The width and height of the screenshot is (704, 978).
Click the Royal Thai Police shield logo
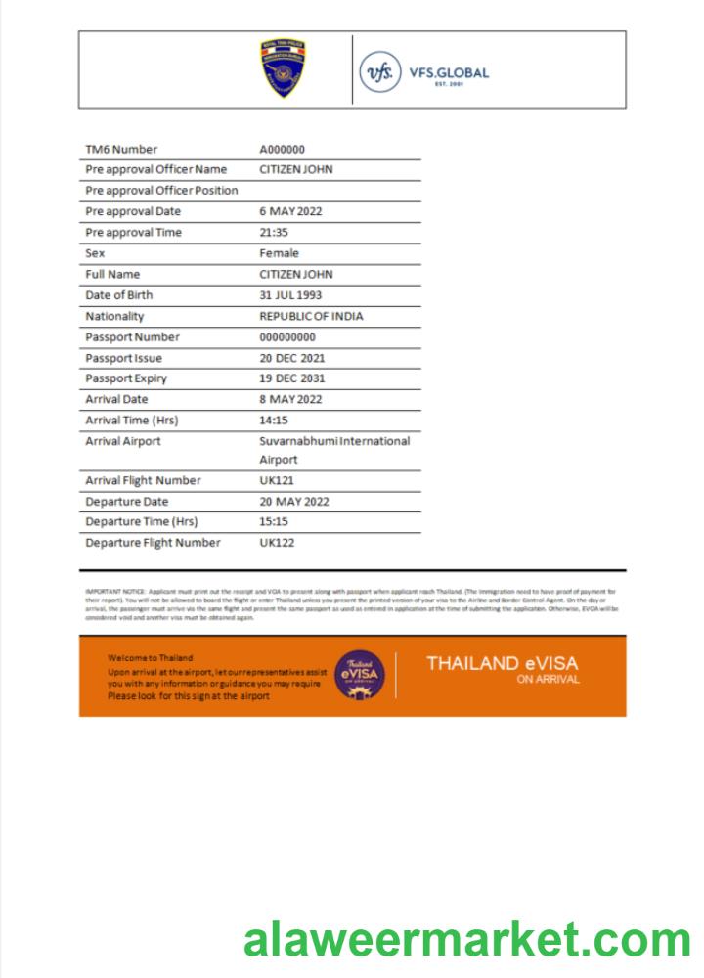283,68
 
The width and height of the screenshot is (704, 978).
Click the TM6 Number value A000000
283,150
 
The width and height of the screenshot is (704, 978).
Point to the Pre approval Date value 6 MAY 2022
290,211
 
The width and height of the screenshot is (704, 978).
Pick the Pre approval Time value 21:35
274,233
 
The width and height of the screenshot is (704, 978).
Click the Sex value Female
279,253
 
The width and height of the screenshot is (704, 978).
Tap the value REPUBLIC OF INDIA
311,316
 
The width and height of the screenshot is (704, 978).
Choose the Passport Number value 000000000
287,337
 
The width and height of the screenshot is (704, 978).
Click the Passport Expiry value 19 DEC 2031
291,378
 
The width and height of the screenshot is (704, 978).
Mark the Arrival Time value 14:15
274,421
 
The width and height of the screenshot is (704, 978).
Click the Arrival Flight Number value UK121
277,480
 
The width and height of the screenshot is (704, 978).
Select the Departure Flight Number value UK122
277,543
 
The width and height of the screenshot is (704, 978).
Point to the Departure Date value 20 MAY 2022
293,502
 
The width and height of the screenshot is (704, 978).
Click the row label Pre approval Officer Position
161,191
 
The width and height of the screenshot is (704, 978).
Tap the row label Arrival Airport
123,441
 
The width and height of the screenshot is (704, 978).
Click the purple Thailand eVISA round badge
360,675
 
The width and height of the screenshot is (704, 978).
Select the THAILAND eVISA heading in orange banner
502,664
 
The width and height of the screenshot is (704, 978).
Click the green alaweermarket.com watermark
466,941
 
